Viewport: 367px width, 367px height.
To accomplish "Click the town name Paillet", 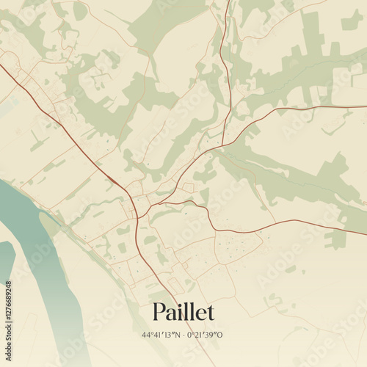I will (x=183, y=312).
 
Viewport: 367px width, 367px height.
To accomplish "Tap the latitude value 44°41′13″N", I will (x=161, y=335).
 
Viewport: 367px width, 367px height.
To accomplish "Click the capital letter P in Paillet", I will (x=159, y=312).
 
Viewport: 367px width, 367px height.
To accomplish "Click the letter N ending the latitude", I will (x=177, y=335).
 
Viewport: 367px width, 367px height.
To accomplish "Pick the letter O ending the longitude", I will (x=219, y=335).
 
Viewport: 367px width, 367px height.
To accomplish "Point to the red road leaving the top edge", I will (x=227, y=4).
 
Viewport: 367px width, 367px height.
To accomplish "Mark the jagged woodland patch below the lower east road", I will (x=336, y=239).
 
